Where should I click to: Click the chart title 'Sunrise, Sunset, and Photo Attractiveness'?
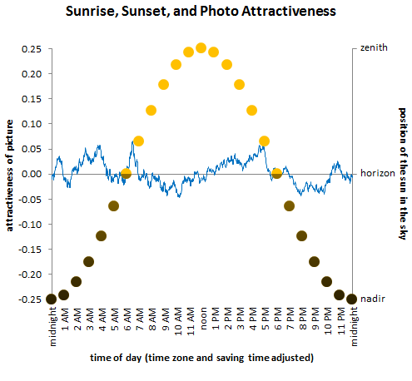point(205,13)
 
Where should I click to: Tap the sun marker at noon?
point(201,48)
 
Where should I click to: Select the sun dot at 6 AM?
point(126,173)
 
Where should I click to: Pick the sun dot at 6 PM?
point(276,173)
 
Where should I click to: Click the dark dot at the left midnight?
point(51,299)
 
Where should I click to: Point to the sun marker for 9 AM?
point(163,85)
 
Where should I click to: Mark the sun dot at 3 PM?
point(239,85)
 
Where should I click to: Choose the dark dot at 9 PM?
point(314,261)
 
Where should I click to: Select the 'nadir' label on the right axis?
point(371,299)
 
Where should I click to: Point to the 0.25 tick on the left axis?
point(32,48)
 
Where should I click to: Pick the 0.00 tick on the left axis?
point(32,174)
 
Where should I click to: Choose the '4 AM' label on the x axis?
point(102,319)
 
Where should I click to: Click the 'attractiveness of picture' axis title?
point(9,174)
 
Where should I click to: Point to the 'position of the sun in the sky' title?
point(402,174)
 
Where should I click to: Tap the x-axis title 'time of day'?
point(201,358)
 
